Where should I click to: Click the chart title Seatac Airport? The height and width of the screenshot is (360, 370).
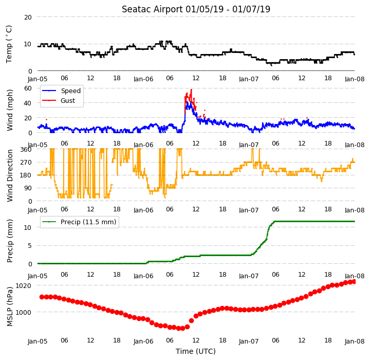(x=152, y=9)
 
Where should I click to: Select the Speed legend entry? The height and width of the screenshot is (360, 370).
(x=61, y=91)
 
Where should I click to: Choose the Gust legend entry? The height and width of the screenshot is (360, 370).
(x=59, y=101)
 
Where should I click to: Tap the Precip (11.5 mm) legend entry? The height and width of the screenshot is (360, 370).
(x=79, y=222)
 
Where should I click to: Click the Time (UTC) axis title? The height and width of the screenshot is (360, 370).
(x=196, y=351)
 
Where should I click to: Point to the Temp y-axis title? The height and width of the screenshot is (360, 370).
(x=9, y=44)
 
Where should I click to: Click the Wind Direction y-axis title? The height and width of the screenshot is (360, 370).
(x=10, y=175)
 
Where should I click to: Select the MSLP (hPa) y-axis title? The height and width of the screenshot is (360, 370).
(x=10, y=307)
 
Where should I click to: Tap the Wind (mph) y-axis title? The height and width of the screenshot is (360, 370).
(x=10, y=111)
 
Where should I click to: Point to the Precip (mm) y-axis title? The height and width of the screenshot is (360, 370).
(x=10, y=241)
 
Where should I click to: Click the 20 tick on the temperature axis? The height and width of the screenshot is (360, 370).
(x=28, y=17)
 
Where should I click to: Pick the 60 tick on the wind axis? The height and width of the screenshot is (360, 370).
(x=28, y=88)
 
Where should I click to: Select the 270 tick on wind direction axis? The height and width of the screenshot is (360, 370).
(x=26, y=163)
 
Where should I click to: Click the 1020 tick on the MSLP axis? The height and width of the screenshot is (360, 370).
(x=23, y=286)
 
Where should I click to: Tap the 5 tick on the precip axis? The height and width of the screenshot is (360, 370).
(x=30, y=246)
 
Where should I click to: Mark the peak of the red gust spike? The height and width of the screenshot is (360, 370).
(x=191, y=89)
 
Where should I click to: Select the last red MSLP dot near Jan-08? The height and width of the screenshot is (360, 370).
(x=354, y=282)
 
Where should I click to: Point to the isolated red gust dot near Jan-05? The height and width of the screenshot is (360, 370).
(x=46, y=119)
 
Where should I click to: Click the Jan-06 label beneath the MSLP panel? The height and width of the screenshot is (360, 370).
(x=143, y=341)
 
